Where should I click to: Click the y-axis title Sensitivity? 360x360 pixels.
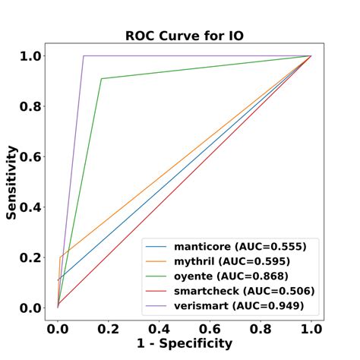(13, 182)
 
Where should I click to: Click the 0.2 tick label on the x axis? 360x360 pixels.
(108, 329)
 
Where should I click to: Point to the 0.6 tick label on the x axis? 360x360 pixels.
(210, 329)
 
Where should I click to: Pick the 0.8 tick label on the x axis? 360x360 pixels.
(261, 329)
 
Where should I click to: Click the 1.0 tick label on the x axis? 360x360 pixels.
(311, 329)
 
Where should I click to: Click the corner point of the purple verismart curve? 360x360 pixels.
(84, 55)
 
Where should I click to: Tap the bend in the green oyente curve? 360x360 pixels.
(101, 78)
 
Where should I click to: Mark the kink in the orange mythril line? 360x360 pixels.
(60, 257)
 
